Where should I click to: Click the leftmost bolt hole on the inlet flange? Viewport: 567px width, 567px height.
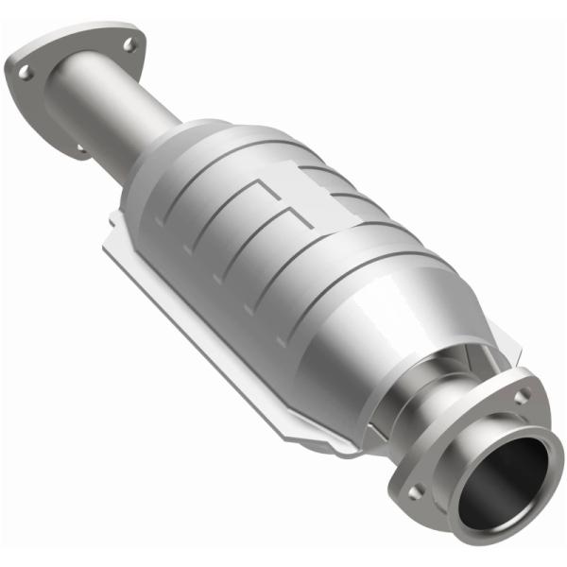(26, 70)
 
